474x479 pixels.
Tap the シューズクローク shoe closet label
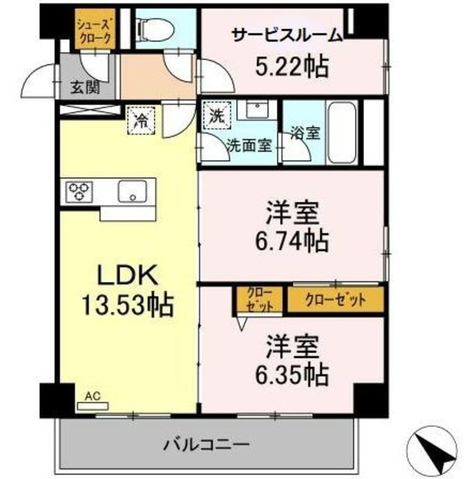94,30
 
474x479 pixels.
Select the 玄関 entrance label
84,88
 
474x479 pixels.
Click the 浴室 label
306,134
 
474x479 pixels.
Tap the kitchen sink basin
132,192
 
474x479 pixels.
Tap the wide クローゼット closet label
337,300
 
